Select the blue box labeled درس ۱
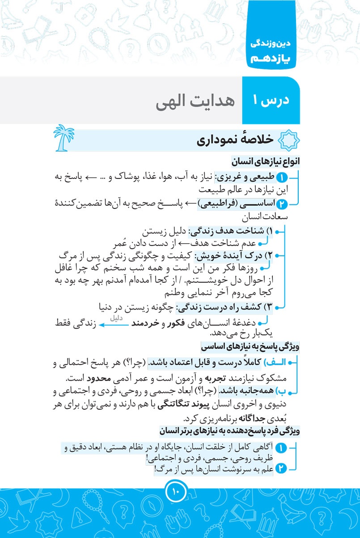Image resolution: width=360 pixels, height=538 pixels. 271,100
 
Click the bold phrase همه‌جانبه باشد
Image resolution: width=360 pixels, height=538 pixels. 253,392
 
